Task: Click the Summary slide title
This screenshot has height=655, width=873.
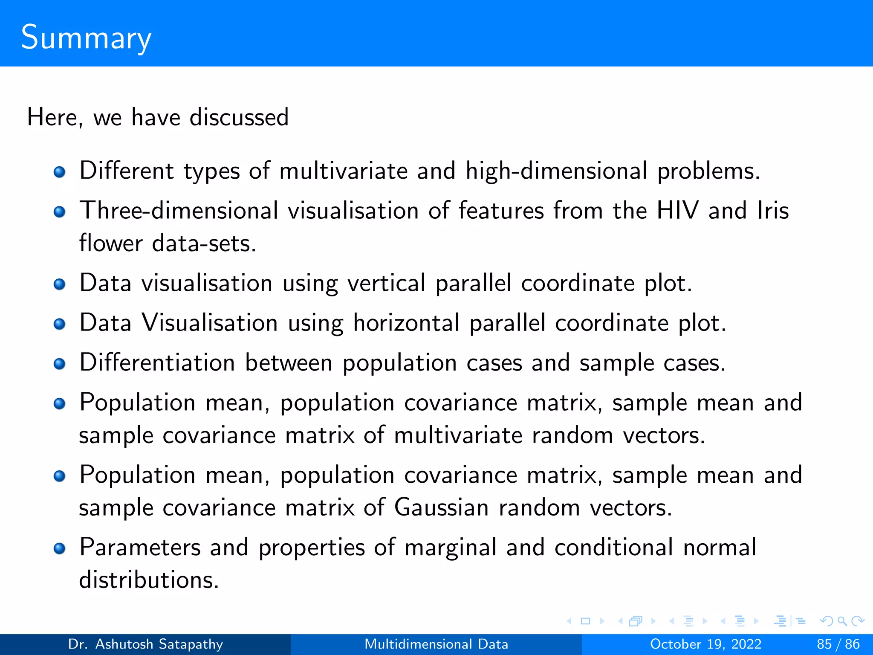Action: point(86,38)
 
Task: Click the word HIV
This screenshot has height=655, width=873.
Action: point(677,210)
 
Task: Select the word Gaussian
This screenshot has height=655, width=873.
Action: point(441,507)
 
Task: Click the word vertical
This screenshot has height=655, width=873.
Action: point(386,283)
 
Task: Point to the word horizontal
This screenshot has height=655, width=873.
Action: point(406,322)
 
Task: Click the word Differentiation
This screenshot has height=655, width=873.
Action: point(157,362)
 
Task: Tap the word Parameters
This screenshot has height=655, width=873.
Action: point(140,547)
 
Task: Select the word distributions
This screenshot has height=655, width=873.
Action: point(149,580)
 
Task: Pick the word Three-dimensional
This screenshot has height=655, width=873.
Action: point(179,210)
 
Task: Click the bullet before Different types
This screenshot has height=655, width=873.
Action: point(60,172)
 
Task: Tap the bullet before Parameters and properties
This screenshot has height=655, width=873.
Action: point(60,548)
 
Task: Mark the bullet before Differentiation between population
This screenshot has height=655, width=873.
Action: point(60,364)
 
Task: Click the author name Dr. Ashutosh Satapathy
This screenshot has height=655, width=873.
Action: point(145,644)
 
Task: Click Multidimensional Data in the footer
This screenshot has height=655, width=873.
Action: point(436,644)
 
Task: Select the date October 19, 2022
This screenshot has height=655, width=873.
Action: point(705,644)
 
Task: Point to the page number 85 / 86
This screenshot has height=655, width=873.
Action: point(838,644)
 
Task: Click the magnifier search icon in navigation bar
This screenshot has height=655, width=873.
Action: point(841,621)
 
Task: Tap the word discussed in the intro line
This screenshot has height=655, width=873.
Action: point(239,117)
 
